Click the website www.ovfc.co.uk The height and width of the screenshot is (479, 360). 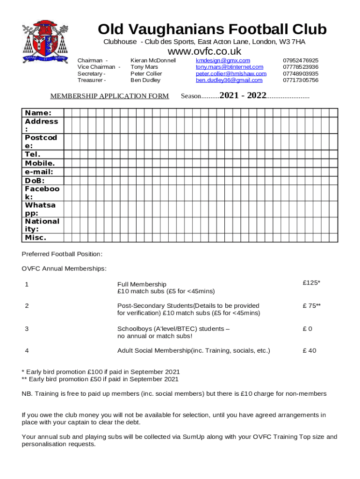pyautogui.click(x=204, y=51)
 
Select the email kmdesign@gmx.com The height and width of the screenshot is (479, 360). pyautogui.click(x=223, y=61)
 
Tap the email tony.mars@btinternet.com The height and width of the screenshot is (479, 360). pyautogui.click(x=229, y=67)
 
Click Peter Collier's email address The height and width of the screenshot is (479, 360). pyautogui.click(x=231, y=74)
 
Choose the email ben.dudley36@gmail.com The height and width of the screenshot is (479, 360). pyautogui.click(x=229, y=80)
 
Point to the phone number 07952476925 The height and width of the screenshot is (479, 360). pyautogui.click(x=301, y=61)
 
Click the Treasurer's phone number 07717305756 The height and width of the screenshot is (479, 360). pyautogui.click(x=301, y=80)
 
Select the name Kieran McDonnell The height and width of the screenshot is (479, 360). pyautogui.click(x=153, y=61)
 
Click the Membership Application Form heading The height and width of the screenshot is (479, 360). pyautogui.click(x=109, y=96)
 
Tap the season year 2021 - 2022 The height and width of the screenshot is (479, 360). pyautogui.click(x=243, y=96)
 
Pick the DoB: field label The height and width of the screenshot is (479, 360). pyautogui.click(x=35, y=181)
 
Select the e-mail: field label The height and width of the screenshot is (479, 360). pyautogui.click(x=39, y=172)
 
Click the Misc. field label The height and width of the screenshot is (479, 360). pyautogui.click(x=36, y=238)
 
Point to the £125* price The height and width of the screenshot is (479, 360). pyautogui.click(x=311, y=283)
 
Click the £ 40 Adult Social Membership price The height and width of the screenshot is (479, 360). pyautogui.click(x=309, y=350)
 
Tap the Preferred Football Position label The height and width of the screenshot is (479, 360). pyautogui.click(x=62, y=254)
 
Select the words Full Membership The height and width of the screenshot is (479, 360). pyautogui.click(x=141, y=284)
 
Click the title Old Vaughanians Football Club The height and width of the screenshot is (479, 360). pyautogui.click(x=212, y=29)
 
